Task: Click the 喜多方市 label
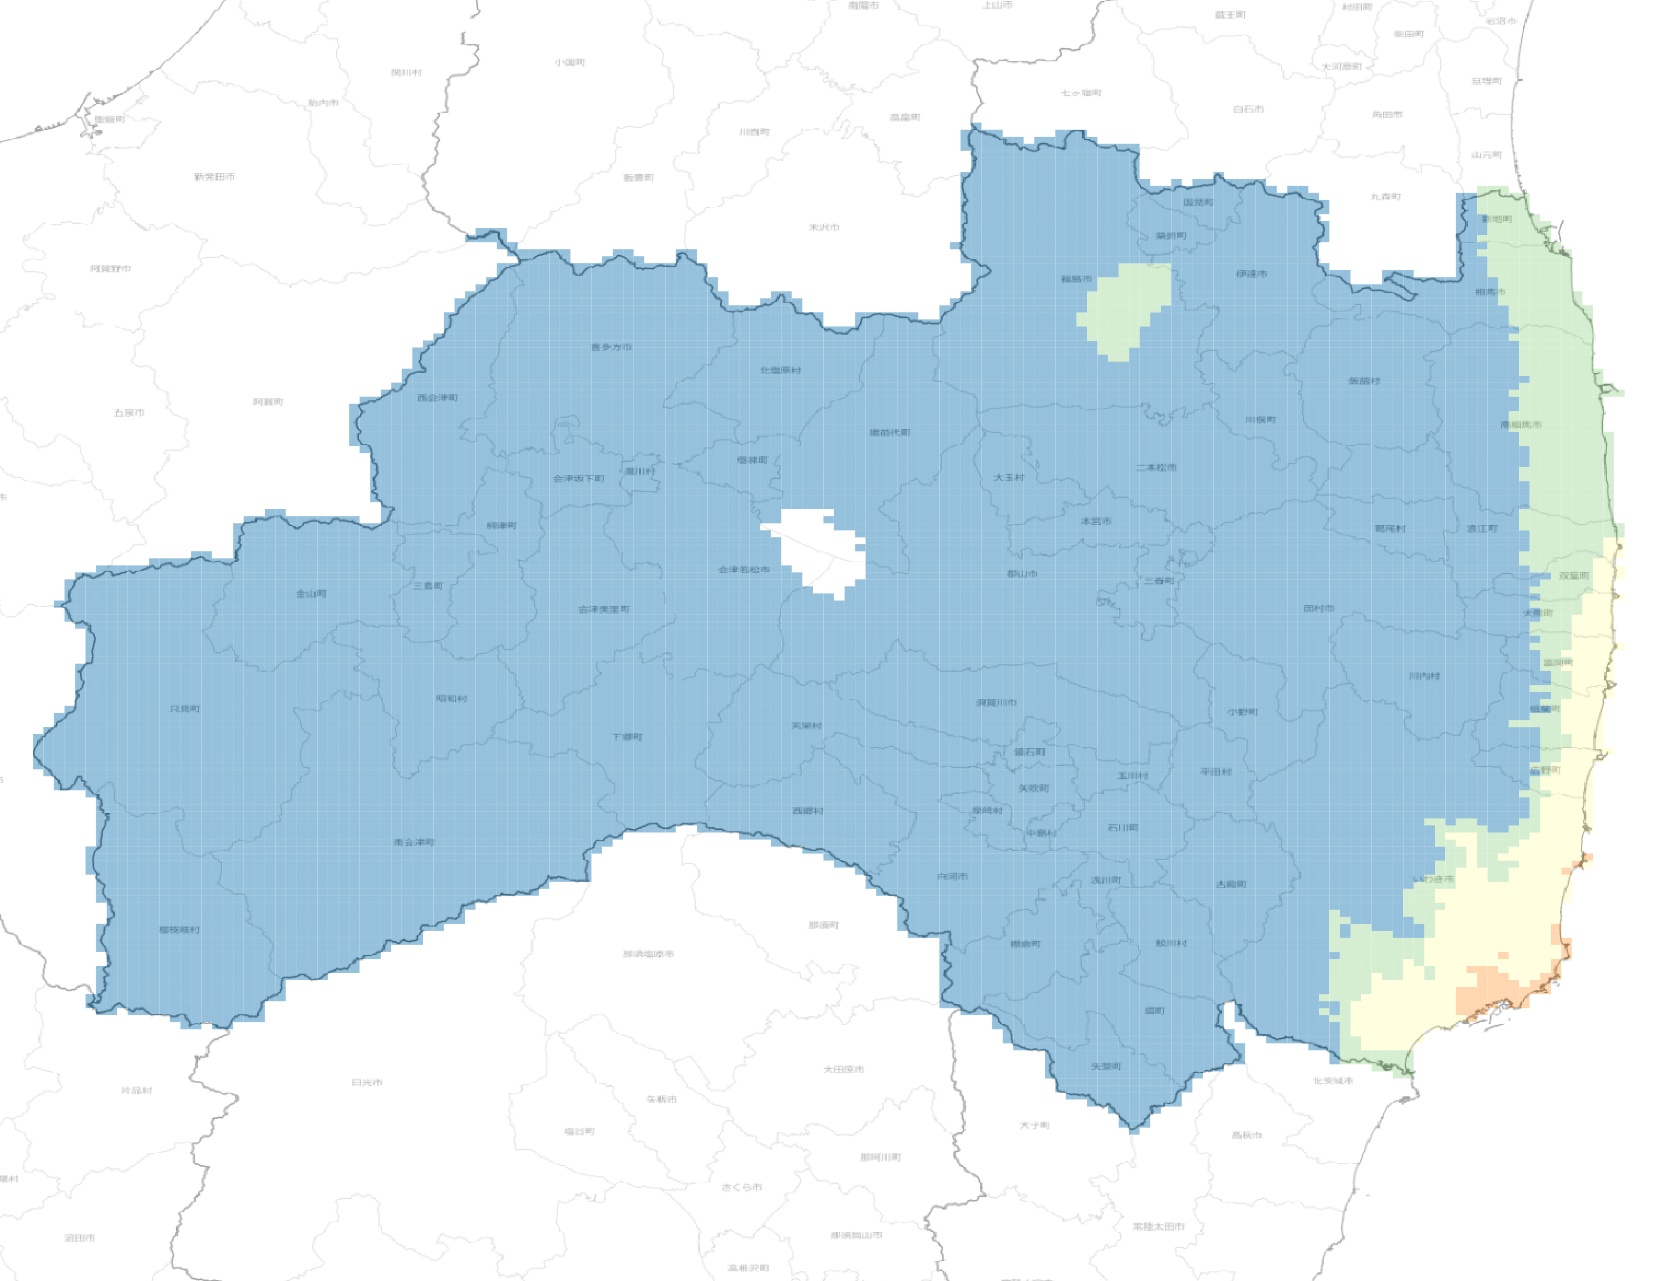coord(611,347)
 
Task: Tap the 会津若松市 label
coord(743,570)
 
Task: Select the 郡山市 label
coord(1022,574)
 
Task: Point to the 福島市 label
coord(1077,280)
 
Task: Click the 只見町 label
coord(185,709)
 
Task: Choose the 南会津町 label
coord(414,843)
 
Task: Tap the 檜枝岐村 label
coord(179,930)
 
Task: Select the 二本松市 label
coord(1156,468)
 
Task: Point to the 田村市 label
coord(1318,609)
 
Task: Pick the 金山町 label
coord(311,593)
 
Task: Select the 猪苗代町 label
coord(890,433)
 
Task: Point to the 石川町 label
coord(1122,828)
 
